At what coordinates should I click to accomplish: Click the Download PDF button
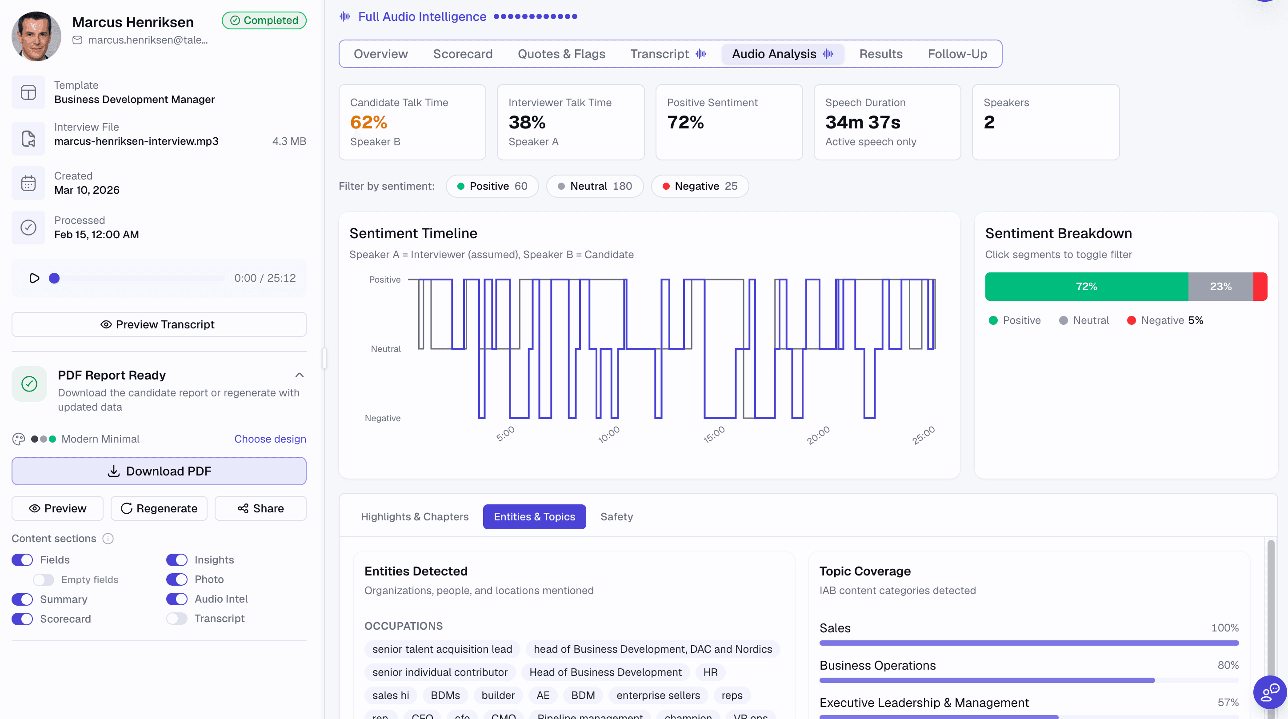click(159, 471)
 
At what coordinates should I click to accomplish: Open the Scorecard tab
click(463, 54)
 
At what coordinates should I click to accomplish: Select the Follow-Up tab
click(957, 54)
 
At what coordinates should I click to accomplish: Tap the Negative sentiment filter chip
click(700, 186)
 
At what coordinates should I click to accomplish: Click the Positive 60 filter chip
click(492, 186)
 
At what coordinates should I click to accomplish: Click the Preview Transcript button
click(159, 324)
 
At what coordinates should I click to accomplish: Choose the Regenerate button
click(159, 508)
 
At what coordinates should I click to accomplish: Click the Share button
click(260, 508)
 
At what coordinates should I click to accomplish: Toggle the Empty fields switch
click(44, 579)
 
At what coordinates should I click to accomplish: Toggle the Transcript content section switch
click(177, 619)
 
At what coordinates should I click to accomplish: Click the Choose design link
click(270, 439)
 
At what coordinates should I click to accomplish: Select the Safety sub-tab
click(616, 516)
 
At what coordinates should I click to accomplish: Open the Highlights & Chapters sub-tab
click(415, 516)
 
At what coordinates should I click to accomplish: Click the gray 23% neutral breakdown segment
click(1220, 287)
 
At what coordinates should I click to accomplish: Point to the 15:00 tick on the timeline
click(714, 434)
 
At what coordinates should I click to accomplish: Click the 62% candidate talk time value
click(368, 123)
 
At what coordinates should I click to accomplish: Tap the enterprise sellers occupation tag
click(658, 695)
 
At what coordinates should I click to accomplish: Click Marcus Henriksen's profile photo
click(36, 36)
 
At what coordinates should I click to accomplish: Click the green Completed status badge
click(264, 20)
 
